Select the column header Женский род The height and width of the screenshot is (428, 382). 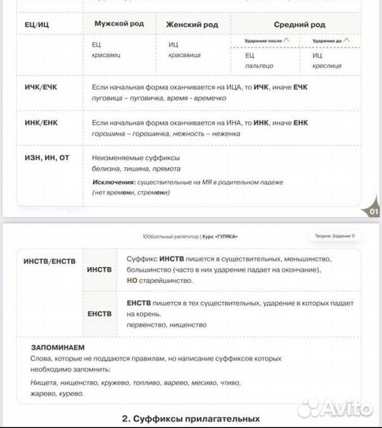pos(192,25)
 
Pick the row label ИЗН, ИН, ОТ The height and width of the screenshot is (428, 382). pos(47,158)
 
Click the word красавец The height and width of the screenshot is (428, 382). pos(107,56)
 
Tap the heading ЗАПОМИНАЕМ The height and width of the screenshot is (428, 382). pos(57,347)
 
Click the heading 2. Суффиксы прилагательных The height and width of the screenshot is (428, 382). pos(191,418)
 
